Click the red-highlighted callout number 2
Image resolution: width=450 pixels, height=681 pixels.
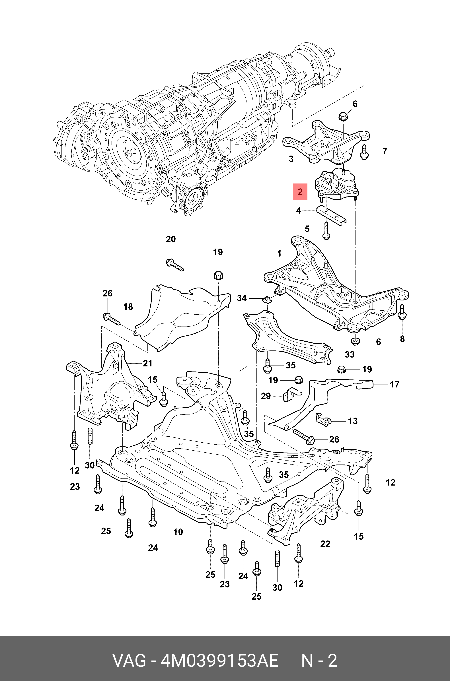point(300,192)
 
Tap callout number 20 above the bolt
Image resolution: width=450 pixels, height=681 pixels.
point(171,239)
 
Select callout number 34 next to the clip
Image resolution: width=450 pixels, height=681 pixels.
point(242,298)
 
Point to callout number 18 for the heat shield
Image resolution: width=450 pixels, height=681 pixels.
point(128,307)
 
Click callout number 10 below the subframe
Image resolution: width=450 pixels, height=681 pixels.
point(178,532)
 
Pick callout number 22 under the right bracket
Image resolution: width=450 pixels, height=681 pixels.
point(325,544)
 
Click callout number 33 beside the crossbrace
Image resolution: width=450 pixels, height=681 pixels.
point(350,354)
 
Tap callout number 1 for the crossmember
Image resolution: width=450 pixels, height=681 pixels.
point(280,254)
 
